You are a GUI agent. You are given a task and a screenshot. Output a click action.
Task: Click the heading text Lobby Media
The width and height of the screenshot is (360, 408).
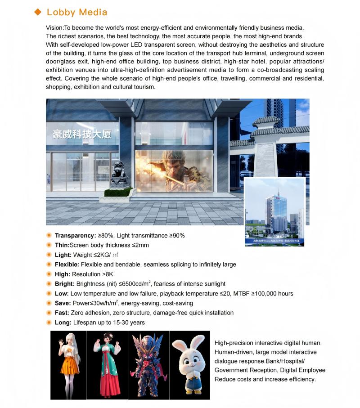77,12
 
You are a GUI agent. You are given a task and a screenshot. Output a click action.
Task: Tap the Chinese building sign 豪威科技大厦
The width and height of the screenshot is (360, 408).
81,134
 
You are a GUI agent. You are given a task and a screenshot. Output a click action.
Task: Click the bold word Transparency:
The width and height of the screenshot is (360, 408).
75,235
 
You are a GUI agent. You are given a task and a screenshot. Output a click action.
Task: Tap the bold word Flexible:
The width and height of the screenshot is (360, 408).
67,265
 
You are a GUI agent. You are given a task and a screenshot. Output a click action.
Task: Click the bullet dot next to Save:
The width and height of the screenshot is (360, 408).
49,303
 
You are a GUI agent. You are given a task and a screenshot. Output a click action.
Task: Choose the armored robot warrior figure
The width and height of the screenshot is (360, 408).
148,365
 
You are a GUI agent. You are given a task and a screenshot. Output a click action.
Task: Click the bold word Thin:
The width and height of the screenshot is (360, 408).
62,245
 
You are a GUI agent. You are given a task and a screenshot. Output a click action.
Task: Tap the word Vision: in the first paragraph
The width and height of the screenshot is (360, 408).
55,28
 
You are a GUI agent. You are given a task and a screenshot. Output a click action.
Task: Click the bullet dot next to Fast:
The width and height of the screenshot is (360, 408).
49,313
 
